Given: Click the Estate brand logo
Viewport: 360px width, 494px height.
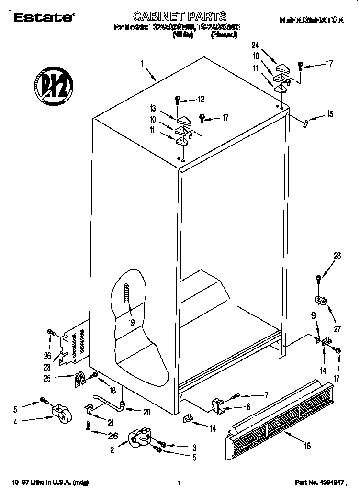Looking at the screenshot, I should tap(44, 18).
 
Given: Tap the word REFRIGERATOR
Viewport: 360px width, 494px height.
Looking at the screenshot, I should tap(311, 20).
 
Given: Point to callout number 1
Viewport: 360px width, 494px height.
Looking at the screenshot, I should tap(142, 62).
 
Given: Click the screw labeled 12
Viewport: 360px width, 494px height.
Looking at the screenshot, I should tap(178, 100).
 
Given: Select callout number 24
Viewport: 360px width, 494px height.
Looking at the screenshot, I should tap(255, 45).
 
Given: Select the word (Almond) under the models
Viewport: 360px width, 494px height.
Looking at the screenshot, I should tap(224, 35).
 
